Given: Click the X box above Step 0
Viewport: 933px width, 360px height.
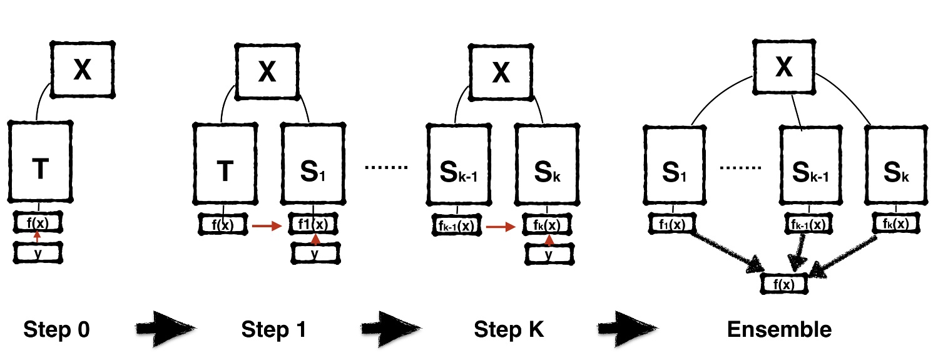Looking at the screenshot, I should pos(83,70).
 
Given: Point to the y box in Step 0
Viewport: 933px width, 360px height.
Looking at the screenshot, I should pos(39,252).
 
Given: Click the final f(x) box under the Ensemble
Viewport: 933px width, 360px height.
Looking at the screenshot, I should pos(784,284).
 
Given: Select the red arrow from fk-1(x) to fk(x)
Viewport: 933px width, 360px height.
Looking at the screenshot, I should pos(500,227).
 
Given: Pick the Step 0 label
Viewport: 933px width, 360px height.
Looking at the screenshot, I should pos(56,329).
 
